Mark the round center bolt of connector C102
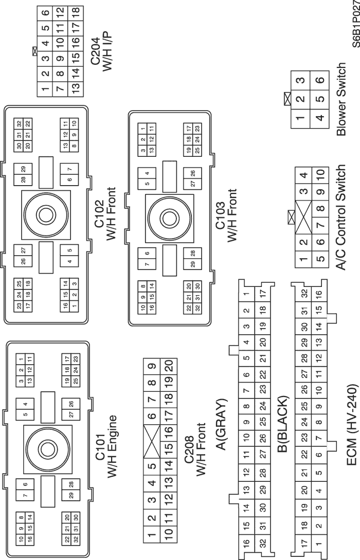(x=45, y=213)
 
